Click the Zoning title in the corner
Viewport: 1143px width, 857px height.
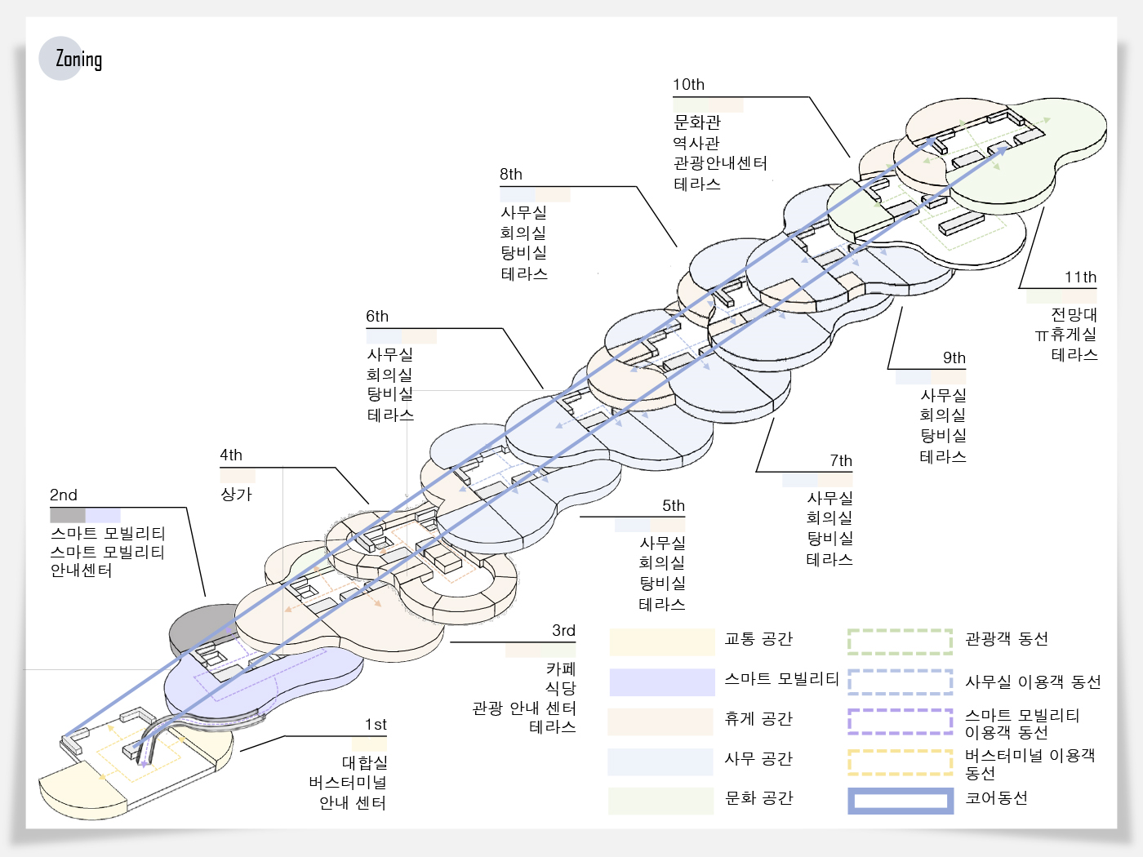pyautogui.click(x=78, y=60)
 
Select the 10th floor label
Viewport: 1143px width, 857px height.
pyautogui.click(x=688, y=84)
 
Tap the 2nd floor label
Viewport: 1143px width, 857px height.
pyautogui.click(x=64, y=495)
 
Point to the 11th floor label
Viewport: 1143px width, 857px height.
pyautogui.click(x=1080, y=277)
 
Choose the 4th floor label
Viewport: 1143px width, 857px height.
pyautogui.click(x=231, y=455)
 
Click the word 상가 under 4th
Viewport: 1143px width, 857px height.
pyautogui.click(x=237, y=494)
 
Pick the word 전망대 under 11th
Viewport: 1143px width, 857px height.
pyautogui.click(x=1074, y=314)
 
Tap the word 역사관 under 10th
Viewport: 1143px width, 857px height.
pyautogui.click(x=696, y=143)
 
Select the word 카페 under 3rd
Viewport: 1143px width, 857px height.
pyautogui.click(x=561, y=668)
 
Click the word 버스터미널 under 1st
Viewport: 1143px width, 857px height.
pyautogui.click(x=347, y=782)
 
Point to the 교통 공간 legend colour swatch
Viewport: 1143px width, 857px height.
pyautogui.click(x=662, y=642)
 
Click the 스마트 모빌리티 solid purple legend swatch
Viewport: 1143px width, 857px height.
pyautogui.click(x=662, y=682)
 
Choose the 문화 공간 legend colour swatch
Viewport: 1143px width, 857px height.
pyautogui.click(x=660, y=801)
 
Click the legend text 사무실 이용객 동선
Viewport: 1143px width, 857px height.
pyautogui.click(x=1033, y=682)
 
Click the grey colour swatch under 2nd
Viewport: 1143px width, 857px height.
pyautogui.click(x=68, y=516)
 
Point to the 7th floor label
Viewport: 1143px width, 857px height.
pyautogui.click(x=841, y=460)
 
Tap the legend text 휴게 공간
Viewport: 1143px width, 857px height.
pyautogui.click(x=758, y=718)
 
